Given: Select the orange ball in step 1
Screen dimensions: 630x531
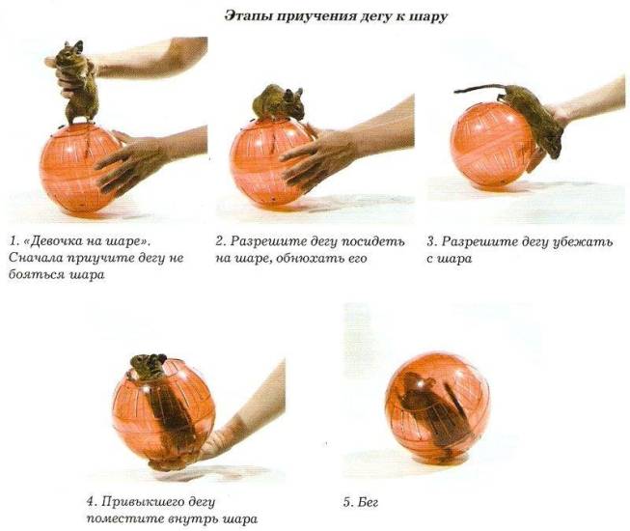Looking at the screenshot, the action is click(x=80, y=169).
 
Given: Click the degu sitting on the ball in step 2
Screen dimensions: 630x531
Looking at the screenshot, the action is click(x=278, y=103).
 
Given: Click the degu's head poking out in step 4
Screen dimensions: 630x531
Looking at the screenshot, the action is click(x=147, y=365).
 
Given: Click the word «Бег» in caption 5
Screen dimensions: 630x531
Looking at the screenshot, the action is click(x=369, y=502).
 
